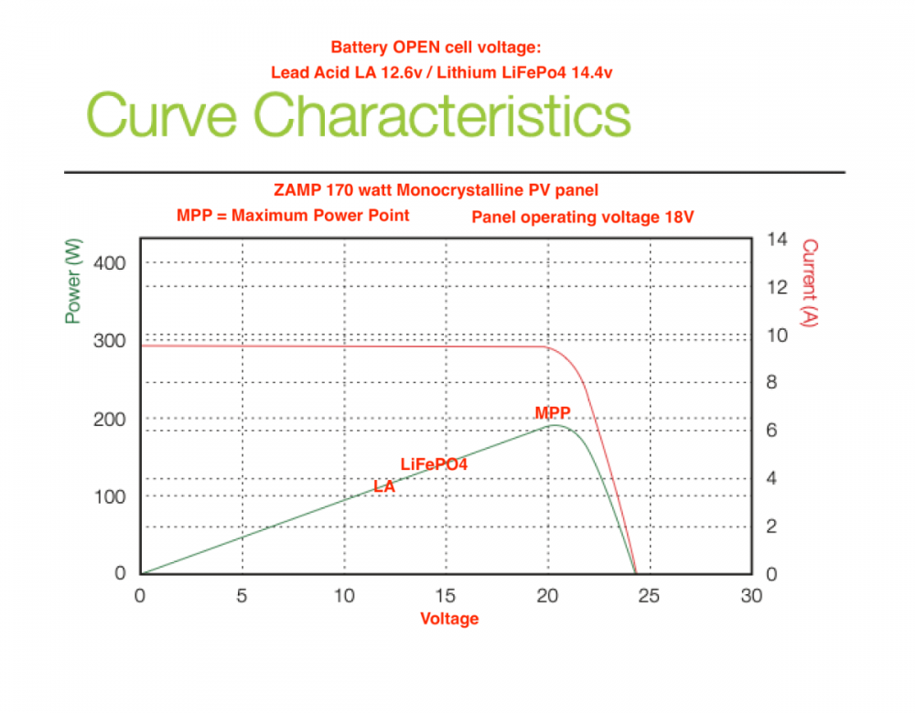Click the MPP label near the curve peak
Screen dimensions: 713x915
(553, 413)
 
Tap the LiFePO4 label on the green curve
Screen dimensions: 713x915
(434, 464)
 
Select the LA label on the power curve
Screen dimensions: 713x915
(384, 487)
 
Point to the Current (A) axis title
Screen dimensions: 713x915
(809, 282)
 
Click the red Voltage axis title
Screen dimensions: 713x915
(449, 619)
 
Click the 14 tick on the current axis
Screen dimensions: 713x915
(777, 239)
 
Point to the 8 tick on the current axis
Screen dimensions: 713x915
(772, 383)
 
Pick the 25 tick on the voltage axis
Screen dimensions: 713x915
(649, 596)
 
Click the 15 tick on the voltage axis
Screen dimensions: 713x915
(446, 596)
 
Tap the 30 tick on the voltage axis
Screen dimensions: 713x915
(750, 596)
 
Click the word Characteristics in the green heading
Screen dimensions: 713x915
(442, 117)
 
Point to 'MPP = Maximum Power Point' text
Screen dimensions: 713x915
(293, 216)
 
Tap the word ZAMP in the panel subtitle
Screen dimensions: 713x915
(296, 190)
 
